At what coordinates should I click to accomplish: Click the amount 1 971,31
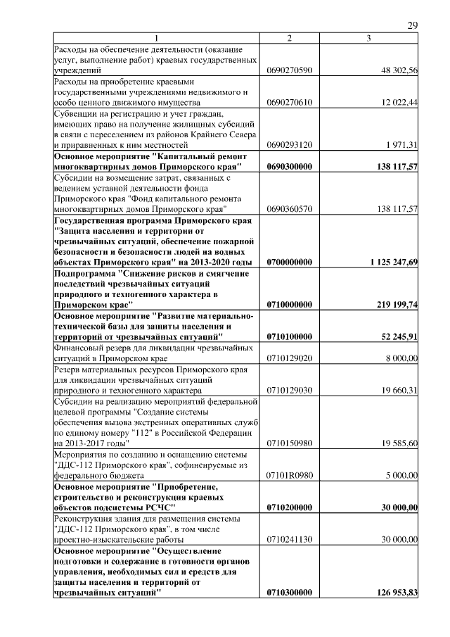pyautogui.click(x=402, y=144)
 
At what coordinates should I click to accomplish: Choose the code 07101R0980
pyautogui.click(x=290, y=476)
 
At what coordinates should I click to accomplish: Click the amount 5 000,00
pyautogui.click(x=401, y=476)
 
